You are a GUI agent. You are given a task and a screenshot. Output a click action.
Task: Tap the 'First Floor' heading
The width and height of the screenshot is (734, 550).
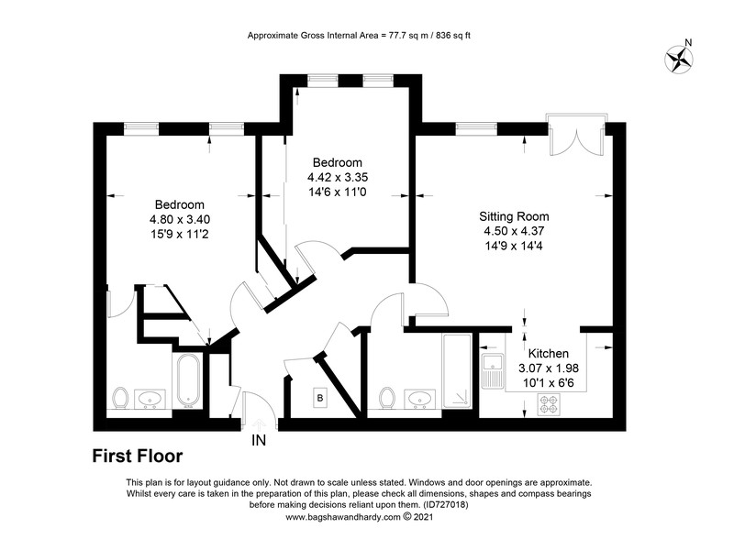tap(137, 455)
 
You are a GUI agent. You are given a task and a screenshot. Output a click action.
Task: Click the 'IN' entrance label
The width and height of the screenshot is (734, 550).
tap(261, 440)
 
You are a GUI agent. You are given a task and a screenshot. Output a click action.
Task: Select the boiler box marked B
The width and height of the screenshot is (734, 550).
tap(319, 398)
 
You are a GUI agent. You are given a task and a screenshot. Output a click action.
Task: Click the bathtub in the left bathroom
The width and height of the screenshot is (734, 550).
tap(187, 380)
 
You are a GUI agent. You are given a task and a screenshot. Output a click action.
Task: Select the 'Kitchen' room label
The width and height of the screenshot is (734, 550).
tap(548, 353)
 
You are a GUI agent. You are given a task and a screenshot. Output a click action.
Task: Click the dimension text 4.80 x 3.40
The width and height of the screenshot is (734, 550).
tap(179, 219)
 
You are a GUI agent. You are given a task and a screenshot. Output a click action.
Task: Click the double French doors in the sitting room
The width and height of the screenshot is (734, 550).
tap(573, 138)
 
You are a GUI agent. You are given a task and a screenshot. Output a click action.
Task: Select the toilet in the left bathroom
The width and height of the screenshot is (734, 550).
tap(119, 398)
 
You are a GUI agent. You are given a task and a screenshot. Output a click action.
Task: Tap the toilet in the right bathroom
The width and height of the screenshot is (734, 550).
tap(387, 398)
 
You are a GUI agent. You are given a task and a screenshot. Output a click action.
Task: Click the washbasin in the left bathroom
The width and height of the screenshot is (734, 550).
tap(150, 398)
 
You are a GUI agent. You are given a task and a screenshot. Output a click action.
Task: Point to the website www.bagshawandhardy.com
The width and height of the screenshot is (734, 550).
tap(341, 516)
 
